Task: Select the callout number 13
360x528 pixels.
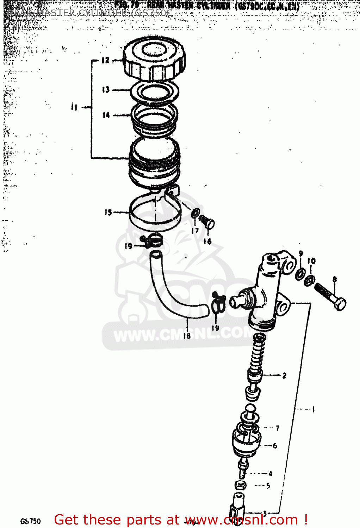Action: (x=106, y=89)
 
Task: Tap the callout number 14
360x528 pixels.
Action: (x=106, y=115)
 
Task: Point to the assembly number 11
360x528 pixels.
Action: (x=74, y=107)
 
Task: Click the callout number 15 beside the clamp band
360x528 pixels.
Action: (x=108, y=212)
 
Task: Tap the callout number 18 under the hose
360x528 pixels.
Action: (x=187, y=335)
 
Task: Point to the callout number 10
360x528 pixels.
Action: (x=311, y=261)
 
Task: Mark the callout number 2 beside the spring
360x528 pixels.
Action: (x=284, y=376)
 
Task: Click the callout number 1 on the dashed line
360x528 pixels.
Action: (x=313, y=409)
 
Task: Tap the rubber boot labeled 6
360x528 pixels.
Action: (x=247, y=442)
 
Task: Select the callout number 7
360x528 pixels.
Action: (x=277, y=428)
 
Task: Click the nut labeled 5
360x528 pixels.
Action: (x=241, y=485)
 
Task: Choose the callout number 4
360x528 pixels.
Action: (x=270, y=474)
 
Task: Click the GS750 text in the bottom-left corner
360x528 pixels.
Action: (x=31, y=521)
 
